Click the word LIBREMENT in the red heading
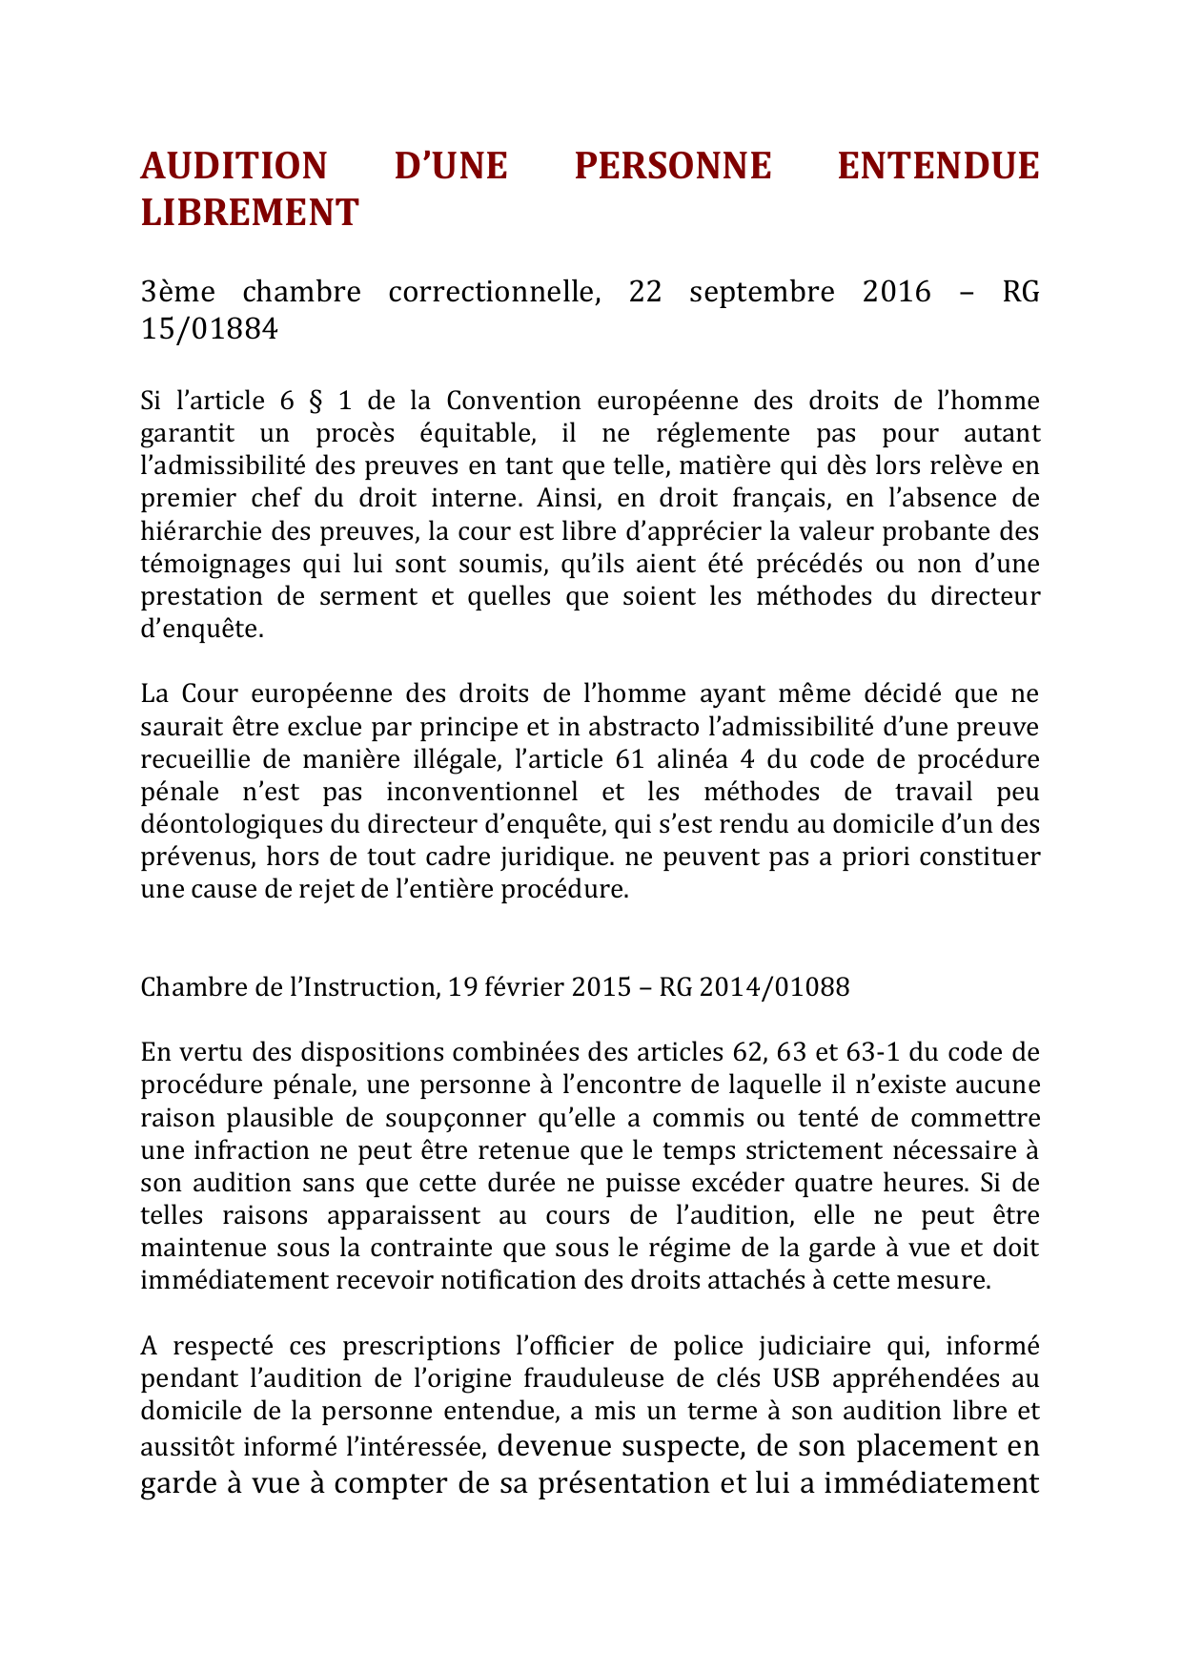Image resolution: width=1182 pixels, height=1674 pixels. click(x=250, y=213)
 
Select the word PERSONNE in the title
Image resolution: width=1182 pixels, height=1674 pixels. click(x=672, y=166)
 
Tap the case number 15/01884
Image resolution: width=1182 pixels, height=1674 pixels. click(x=210, y=329)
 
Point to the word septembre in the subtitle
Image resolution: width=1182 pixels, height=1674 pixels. click(x=762, y=291)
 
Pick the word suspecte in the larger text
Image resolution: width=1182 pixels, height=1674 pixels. click(x=682, y=1447)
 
